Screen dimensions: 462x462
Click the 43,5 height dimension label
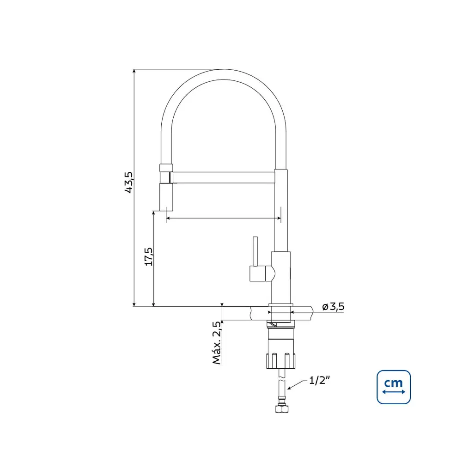click(x=129, y=182)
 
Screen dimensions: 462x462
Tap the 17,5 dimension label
click(x=149, y=256)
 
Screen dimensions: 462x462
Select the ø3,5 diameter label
click(x=333, y=307)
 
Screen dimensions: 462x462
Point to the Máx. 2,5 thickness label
click(x=217, y=343)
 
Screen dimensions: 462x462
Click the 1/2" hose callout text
click(x=319, y=380)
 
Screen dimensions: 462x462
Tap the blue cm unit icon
click(x=394, y=387)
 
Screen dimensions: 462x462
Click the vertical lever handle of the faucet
click(x=255, y=251)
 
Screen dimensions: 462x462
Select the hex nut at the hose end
click(x=282, y=408)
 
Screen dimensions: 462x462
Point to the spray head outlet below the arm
click(x=166, y=197)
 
